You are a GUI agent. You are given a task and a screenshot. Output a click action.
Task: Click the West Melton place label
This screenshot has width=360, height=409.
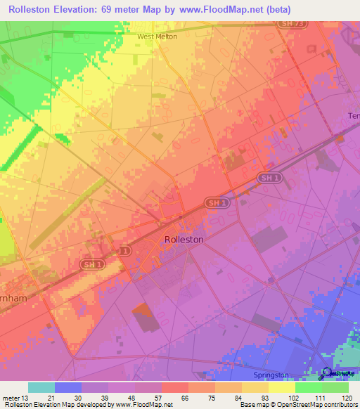click(x=157, y=37)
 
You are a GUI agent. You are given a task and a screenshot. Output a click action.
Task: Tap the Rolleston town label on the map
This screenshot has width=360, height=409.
click(x=184, y=239)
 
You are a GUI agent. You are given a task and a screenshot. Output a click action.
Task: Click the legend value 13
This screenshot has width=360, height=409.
click(x=26, y=398)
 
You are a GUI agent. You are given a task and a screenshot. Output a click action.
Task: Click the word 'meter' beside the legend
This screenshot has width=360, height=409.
click(x=10, y=398)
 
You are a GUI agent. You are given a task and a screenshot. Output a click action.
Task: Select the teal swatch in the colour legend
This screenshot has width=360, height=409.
click(x=41, y=387)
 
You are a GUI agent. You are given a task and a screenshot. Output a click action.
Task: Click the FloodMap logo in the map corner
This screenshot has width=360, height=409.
click(x=337, y=372)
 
